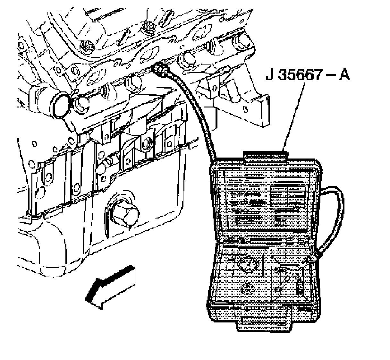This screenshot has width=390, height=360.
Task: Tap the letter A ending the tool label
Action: pyautogui.click(x=343, y=76)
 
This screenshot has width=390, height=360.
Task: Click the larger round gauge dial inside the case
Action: pyautogui.click(x=248, y=264)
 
